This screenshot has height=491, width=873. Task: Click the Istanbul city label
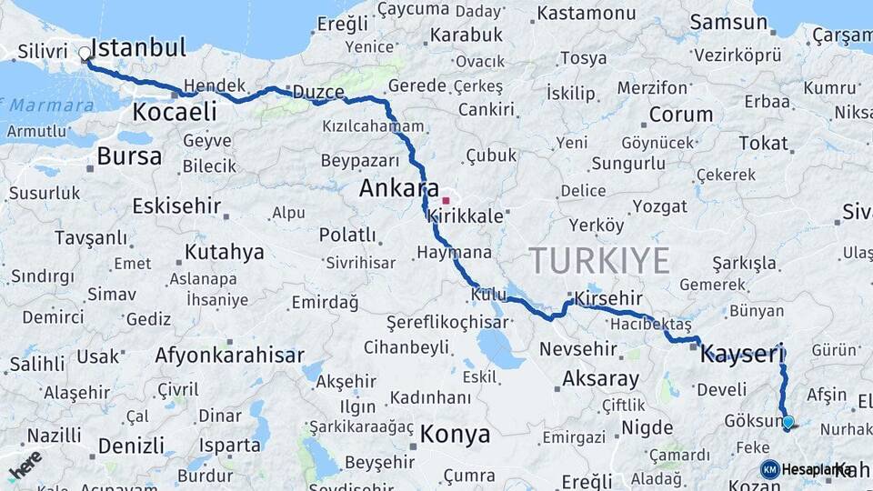click(139, 47)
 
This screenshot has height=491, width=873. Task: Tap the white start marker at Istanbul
click(85, 54)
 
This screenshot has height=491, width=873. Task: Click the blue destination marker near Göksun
click(788, 422)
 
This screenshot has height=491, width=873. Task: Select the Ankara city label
click(399, 188)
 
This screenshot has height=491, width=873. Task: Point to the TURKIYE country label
click(600, 261)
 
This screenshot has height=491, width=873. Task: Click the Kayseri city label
click(742, 354)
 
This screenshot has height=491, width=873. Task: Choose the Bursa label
click(129, 156)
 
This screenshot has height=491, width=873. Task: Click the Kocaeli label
click(175, 112)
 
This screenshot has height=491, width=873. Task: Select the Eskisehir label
click(176, 205)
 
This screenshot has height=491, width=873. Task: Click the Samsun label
click(728, 22)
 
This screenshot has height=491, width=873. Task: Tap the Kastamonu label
click(587, 14)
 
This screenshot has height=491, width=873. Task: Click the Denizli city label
click(131, 446)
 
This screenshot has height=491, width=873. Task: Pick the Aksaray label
click(601, 378)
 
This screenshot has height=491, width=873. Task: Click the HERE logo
click(25, 465)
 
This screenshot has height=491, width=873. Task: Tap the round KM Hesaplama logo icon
click(769, 469)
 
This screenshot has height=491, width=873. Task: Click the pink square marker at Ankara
click(446, 200)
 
